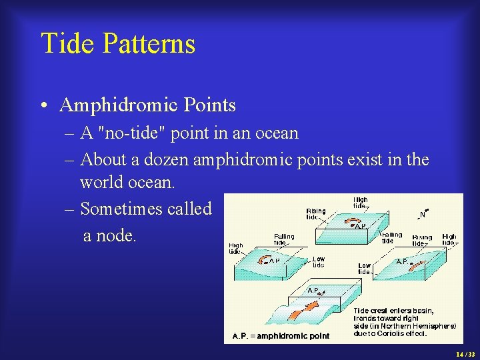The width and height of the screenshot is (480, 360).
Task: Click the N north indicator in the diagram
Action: click(423, 215)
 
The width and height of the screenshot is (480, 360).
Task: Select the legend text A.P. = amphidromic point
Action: click(281, 335)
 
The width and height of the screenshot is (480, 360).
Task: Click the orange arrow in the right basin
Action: click(417, 267)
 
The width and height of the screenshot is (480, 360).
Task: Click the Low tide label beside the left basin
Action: click(319, 262)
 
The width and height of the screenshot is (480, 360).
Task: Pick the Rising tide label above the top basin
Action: click(316, 214)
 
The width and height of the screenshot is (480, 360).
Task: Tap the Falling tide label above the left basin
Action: click(283, 239)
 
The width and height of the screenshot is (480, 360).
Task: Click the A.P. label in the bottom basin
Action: click(313, 291)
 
